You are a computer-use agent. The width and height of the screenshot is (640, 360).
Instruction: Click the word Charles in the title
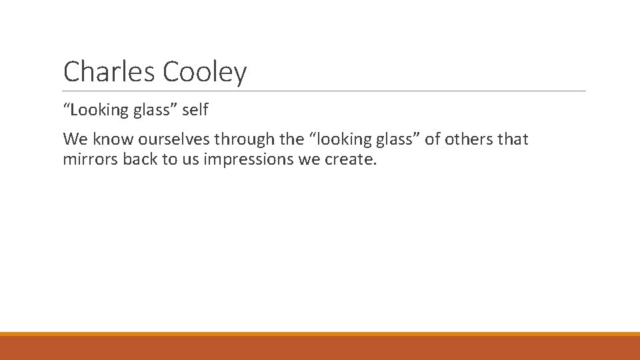click(x=107, y=71)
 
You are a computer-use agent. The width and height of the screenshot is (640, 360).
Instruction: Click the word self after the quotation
click(x=195, y=109)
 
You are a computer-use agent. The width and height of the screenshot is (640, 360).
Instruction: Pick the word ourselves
click(x=174, y=139)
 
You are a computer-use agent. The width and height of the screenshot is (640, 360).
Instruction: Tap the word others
click(x=470, y=139)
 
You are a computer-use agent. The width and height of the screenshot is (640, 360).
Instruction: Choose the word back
click(x=139, y=160)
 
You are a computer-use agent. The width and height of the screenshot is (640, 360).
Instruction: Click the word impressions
click(x=246, y=160)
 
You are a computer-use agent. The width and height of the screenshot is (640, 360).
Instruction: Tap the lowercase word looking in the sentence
click(x=339, y=139)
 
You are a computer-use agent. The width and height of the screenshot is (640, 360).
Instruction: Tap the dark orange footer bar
click(x=320, y=348)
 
